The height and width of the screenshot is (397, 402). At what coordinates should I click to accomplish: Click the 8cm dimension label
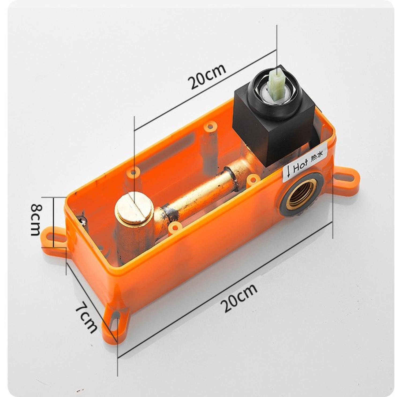coord(36,219)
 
